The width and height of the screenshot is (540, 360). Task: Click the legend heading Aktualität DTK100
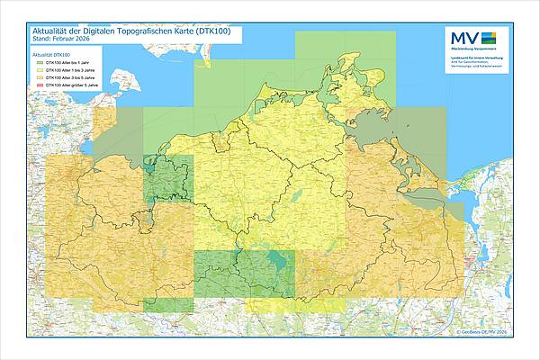pos(52,55)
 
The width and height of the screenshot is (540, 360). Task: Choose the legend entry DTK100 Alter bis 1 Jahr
pos(75,63)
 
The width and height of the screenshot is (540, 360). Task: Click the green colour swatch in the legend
pos(39,63)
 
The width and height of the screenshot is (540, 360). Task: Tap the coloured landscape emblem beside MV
pos(488,37)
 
